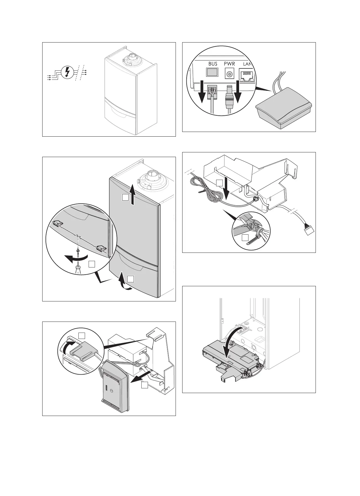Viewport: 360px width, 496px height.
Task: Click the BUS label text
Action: [x=213, y=64]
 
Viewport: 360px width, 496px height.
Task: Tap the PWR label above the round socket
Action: [x=229, y=64]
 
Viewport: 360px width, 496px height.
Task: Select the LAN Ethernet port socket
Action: [x=247, y=76]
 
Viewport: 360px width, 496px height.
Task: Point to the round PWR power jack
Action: [x=229, y=74]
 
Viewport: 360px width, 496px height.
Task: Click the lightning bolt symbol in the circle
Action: [x=66, y=72]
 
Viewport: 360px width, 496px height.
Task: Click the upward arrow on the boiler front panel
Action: [x=133, y=195]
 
